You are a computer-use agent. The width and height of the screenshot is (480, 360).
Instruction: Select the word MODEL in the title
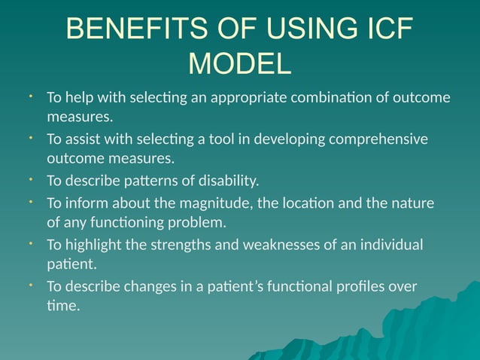click(x=239, y=63)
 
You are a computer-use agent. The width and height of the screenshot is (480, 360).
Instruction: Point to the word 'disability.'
click(x=229, y=181)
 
